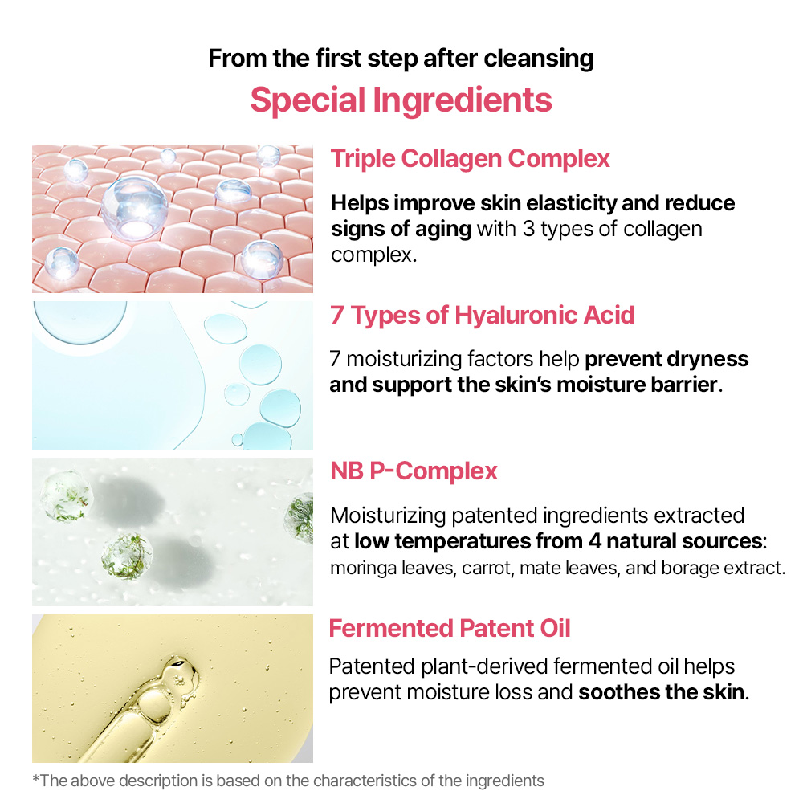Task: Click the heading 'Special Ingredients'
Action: pyautogui.click(x=401, y=100)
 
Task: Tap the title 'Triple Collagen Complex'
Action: pyautogui.click(x=470, y=159)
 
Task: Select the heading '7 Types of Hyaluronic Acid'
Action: pyautogui.click(x=483, y=315)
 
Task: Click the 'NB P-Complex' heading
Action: pyautogui.click(x=414, y=471)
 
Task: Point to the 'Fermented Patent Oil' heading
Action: pyautogui.click(x=450, y=628)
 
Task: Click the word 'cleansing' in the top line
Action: pyautogui.click(x=539, y=59)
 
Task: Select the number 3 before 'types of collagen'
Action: pyautogui.click(x=528, y=230)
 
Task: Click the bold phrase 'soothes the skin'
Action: pyautogui.click(x=661, y=692)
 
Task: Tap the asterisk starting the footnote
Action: pyautogui.click(x=36, y=779)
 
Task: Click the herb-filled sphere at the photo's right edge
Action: pyautogui.click(x=300, y=516)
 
